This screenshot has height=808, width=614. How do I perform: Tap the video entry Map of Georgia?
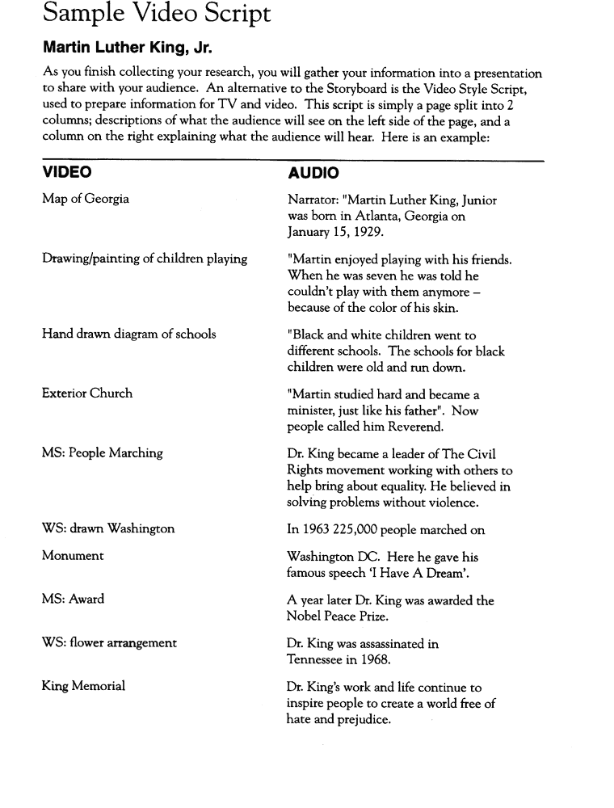tap(85, 200)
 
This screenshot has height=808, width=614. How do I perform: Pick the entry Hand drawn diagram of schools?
tap(128, 334)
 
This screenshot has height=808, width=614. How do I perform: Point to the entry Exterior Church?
tap(87, 393)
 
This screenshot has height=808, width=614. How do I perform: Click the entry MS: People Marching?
tap(102, 453)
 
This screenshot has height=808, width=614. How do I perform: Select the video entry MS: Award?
tap(73, 600)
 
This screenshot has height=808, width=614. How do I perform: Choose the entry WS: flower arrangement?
tap(109, 643)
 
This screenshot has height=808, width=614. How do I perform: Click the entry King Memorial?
tap(83, 687)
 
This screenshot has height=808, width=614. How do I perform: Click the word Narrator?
tap(313, 200)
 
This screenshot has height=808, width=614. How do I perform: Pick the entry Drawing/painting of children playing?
tap(145, 259)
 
